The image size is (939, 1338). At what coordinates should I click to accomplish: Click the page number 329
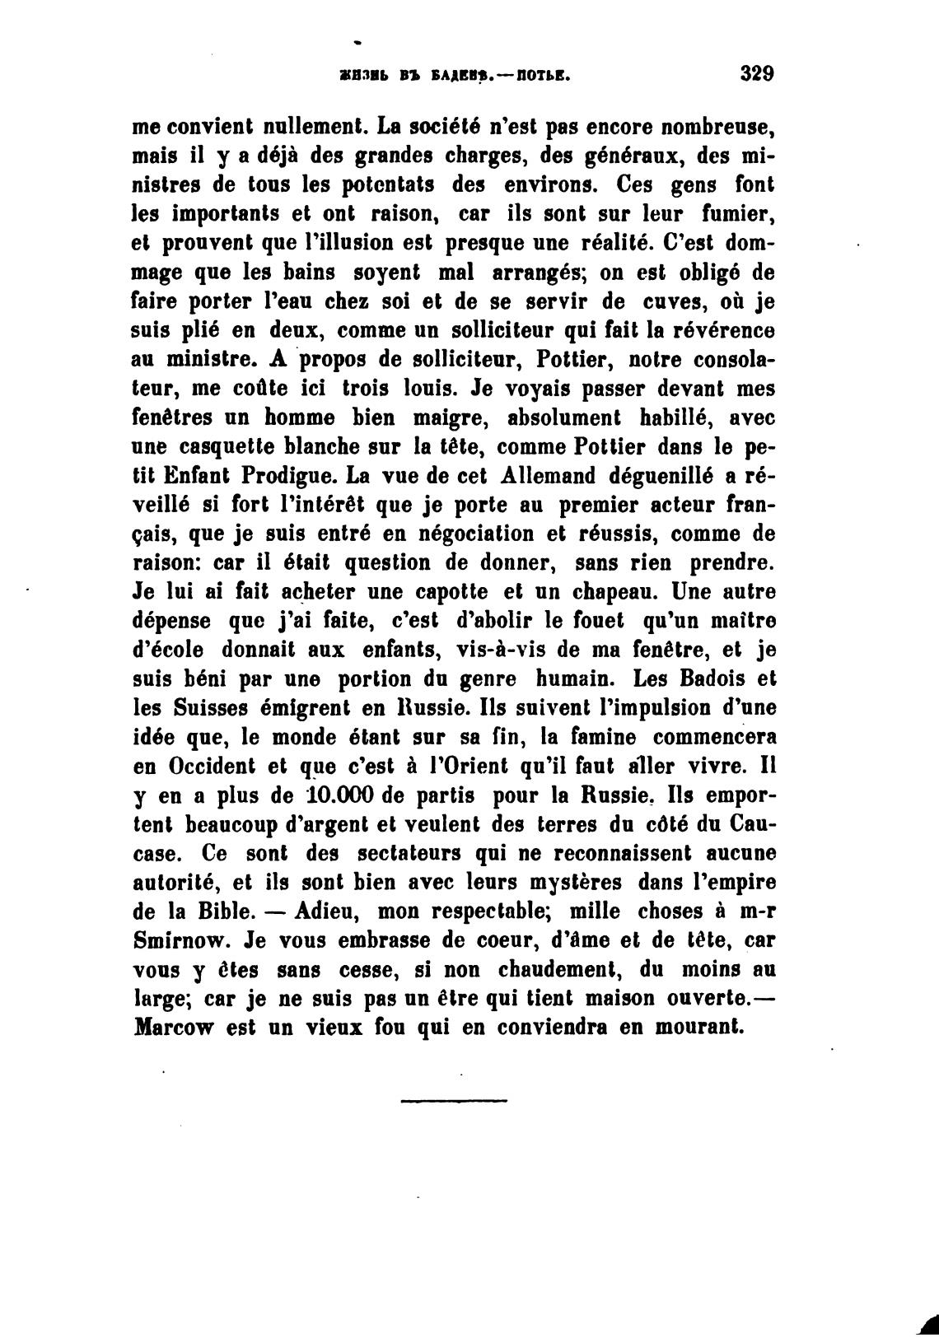pyautogui.click(x=757, y=72)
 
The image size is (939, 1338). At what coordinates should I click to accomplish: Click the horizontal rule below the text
pyautogui.click(x=454, y=1099)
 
